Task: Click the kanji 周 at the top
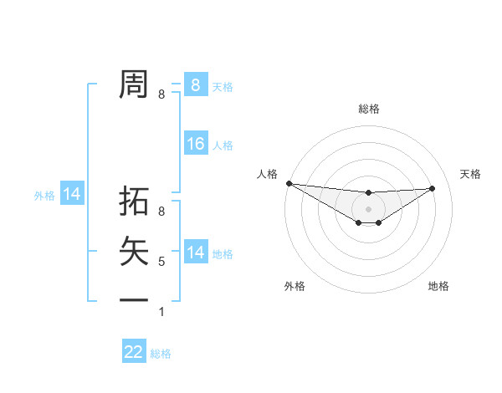(x=134, y=84)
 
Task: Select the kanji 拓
(x=134, y=202)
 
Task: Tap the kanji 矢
(x=134, y=251)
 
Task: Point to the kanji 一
(x=134, y=299)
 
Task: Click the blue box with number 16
(x=195, y=144)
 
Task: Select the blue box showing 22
(x=134, y=352)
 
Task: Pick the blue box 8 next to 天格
(x=195, y=85)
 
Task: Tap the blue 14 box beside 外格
(x=72, y=194)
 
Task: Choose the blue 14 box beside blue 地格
(x=195, y=253)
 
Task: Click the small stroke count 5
(x=161, y=262)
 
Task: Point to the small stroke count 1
(x=161, y=312)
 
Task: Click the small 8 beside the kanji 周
(x=161, y=94)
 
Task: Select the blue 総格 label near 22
(x=161, y=354)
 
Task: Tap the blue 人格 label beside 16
(x=223, y=145)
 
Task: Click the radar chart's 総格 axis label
(x=368, y=109)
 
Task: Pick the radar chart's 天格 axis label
(x=470, y=174)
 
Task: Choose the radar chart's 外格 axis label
(x=295, y=286)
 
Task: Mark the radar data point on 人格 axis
(x=289, y=183)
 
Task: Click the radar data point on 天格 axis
(x=433, y=188)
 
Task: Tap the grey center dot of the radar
(x=368, y=209)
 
